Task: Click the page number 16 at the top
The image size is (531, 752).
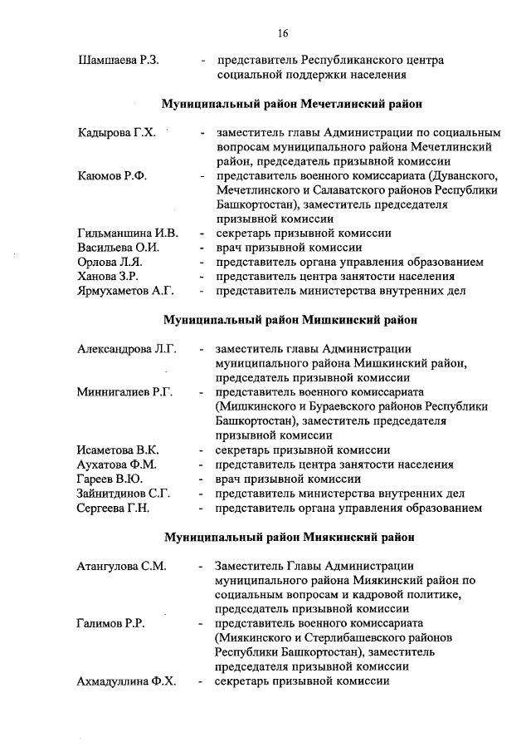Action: (283, 33)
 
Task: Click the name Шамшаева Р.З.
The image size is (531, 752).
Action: (119, 61)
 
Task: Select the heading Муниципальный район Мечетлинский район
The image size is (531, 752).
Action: (291, 105)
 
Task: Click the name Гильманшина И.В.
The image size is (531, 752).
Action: (127, 233)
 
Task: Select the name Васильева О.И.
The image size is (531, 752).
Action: (119, 248)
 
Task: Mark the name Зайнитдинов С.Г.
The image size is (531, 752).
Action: (124, 493)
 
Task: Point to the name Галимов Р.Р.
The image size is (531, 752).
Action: (110, 623)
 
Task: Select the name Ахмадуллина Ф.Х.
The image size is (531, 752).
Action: (127, 681)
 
